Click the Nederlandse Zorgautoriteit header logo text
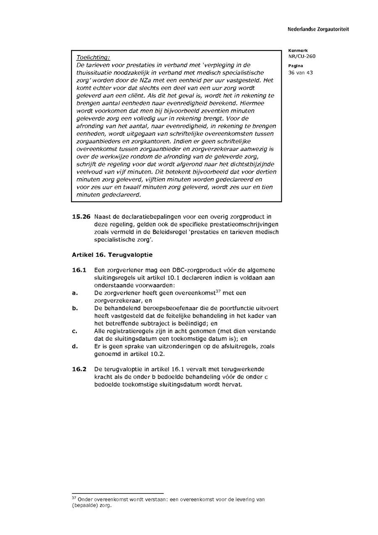(x=318, y=29)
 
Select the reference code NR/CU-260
(x=302, y=56)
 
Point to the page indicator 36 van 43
(x=300, y=72)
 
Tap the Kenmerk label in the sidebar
(x=298, y=50)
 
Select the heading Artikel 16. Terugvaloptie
(x=112, y=255)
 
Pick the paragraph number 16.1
(x=79, y=270)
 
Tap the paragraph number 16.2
(x=79, y=369)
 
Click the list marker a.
(x=75, y=293)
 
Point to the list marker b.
(x=75, y=308)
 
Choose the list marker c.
(x=75, y=331)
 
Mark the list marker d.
(x=75, y=347)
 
